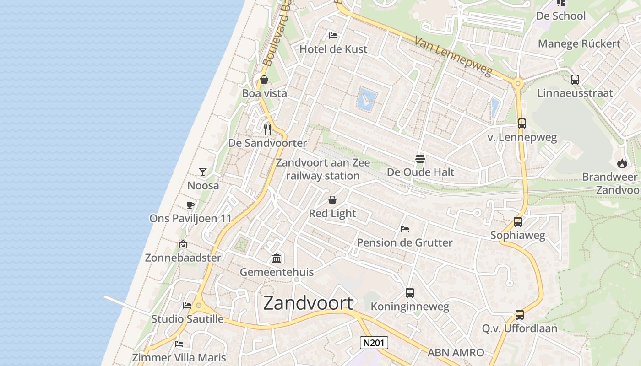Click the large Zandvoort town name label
coord(308,303)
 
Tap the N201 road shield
coord(374,343)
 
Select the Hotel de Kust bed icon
coord(333,36)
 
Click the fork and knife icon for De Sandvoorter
coord(267,129)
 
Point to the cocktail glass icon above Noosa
coord(203,172)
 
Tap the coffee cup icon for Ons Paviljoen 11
coord(190,205)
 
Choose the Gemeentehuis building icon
coord(277,258)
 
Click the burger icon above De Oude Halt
coord(420,158)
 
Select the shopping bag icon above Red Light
coord(332,200)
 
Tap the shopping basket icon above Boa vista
coord(264,80)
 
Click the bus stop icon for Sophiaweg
coord(518,222)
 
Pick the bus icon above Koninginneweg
coord(410,293)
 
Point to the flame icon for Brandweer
coord(622,163)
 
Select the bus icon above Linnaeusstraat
coord(575,79)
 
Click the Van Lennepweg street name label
coord(453,57)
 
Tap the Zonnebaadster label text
coord(183,258)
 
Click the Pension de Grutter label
coord(404,242)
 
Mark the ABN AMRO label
coord(456,352)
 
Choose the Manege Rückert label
coord(579,44)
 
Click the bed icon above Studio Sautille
coord(187,306)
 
